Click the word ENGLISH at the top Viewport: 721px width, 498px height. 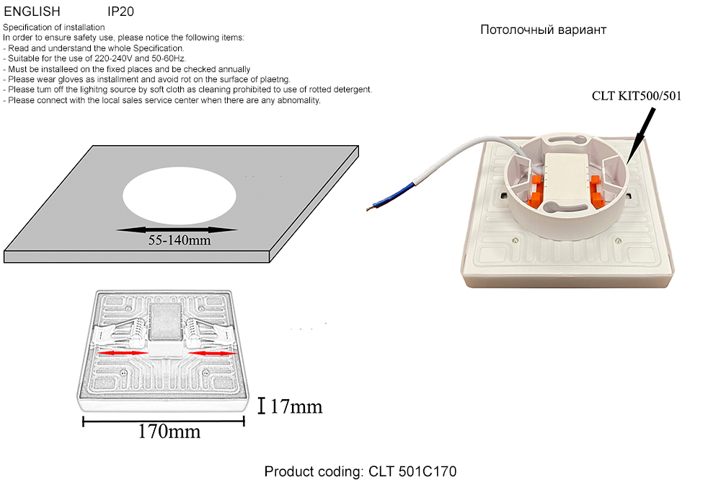[32, 12]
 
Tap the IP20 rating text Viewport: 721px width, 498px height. [120, 12]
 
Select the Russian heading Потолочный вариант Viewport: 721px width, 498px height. [543, 30]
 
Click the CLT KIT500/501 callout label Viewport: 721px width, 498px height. [636, 95]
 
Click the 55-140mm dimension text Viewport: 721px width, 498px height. [180, 240]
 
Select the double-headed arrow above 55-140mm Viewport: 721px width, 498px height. [177, 230]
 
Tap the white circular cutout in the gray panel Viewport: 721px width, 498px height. [179, 194]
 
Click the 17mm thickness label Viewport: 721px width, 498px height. [296, 407]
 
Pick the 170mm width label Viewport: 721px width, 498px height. [169, 432]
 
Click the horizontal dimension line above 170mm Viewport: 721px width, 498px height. [164, 421]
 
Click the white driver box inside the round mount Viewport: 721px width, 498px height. [567, 175]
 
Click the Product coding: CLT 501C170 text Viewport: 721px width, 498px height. [360, 472]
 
